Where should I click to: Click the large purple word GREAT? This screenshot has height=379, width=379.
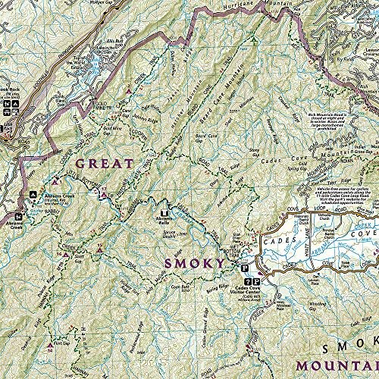point(105,163)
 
